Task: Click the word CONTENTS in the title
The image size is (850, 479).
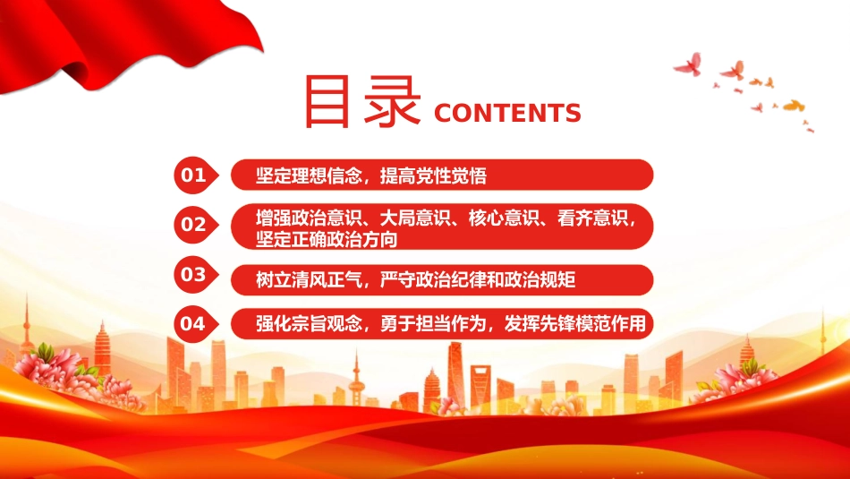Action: point(507,114)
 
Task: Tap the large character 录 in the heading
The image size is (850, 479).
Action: point(392,102)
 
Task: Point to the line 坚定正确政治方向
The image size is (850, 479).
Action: point(327,239)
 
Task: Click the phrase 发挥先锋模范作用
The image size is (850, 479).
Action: point(575,324)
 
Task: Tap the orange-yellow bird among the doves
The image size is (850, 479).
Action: point(794,106)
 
